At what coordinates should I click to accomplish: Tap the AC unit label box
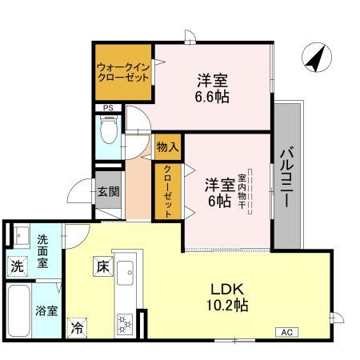point(287,331)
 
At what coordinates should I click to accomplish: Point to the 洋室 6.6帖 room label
point(212,88)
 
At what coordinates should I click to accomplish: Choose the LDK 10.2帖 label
point(229,296)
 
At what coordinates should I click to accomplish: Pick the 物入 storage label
point(166,147)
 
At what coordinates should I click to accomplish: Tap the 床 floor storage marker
point(102,266)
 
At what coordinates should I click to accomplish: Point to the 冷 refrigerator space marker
point(77,326)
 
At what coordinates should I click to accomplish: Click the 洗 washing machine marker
point(17,266)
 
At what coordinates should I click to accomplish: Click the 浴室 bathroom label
point(46,310)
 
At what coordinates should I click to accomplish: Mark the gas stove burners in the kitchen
point(126,322)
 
